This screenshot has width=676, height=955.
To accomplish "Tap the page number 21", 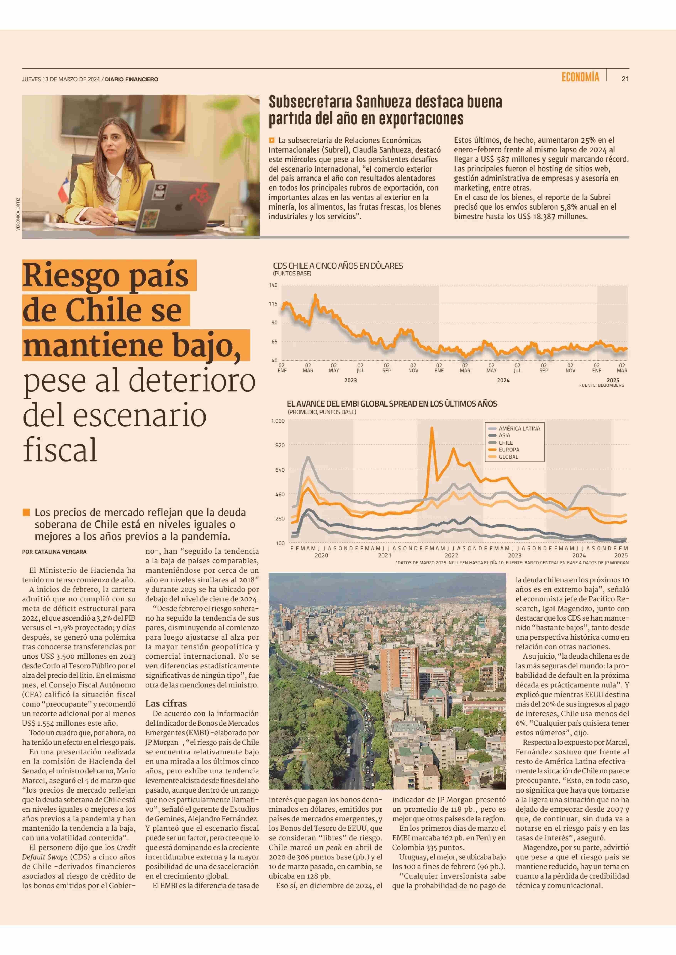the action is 625,79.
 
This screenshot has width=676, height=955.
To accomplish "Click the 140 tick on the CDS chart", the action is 273,285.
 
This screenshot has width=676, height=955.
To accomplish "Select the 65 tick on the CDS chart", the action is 274,341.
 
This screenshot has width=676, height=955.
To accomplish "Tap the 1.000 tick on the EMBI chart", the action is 278,421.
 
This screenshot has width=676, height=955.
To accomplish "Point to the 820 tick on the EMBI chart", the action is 280,445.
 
